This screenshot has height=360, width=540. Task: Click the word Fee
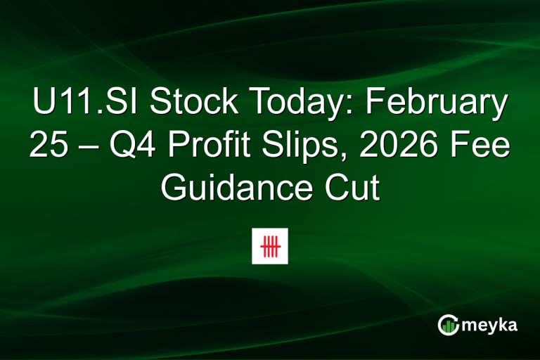pos(477,146)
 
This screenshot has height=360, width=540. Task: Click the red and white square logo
pos(270,246)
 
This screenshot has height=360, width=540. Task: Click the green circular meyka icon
pos(448,324)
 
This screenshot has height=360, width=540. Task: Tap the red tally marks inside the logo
pos(270,246)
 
